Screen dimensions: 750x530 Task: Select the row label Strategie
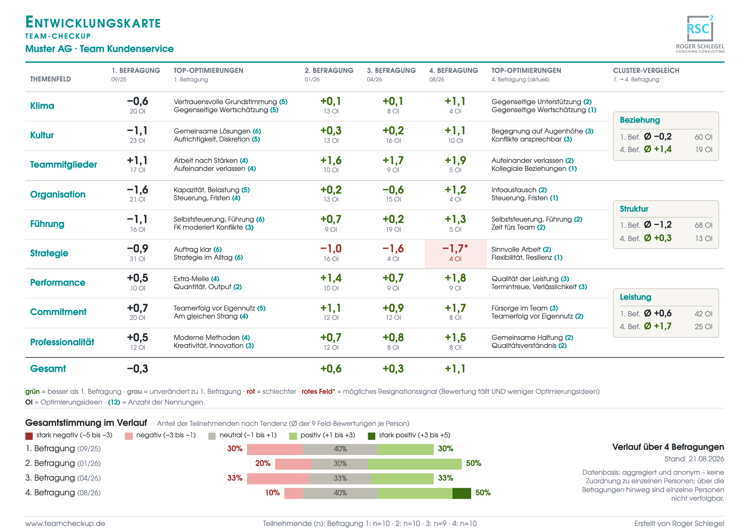49,253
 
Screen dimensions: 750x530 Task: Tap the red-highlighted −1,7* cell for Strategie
455,254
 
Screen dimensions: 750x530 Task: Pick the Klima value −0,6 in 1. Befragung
138,101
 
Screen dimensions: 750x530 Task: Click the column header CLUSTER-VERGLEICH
646,70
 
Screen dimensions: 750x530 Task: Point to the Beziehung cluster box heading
640,120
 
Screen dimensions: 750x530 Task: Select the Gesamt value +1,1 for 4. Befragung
455,369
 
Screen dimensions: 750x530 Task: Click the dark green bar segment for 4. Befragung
462,493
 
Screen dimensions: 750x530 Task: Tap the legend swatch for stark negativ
29,436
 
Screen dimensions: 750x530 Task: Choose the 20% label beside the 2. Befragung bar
263,463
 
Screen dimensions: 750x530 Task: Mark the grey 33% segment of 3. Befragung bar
340,478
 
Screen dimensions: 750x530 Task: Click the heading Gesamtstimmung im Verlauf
86,423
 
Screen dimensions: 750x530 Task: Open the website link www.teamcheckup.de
65,524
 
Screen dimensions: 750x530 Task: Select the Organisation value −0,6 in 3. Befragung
393,190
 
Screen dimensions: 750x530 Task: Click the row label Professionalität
62,342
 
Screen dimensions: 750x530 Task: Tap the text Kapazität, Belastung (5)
212,190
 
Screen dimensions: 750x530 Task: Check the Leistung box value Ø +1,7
658,326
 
